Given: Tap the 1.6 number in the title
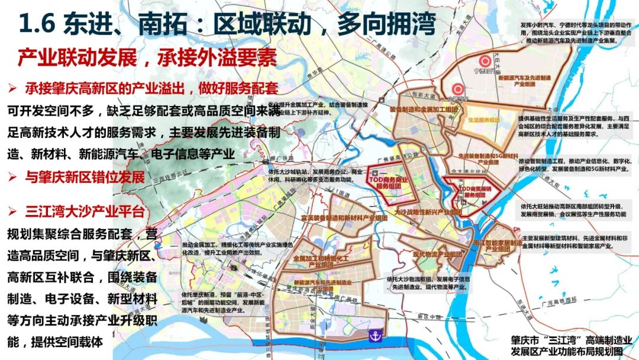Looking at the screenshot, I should (37, 25).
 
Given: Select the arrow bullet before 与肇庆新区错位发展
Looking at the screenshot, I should (12, 177).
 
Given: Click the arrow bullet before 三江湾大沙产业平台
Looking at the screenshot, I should (12, 211).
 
